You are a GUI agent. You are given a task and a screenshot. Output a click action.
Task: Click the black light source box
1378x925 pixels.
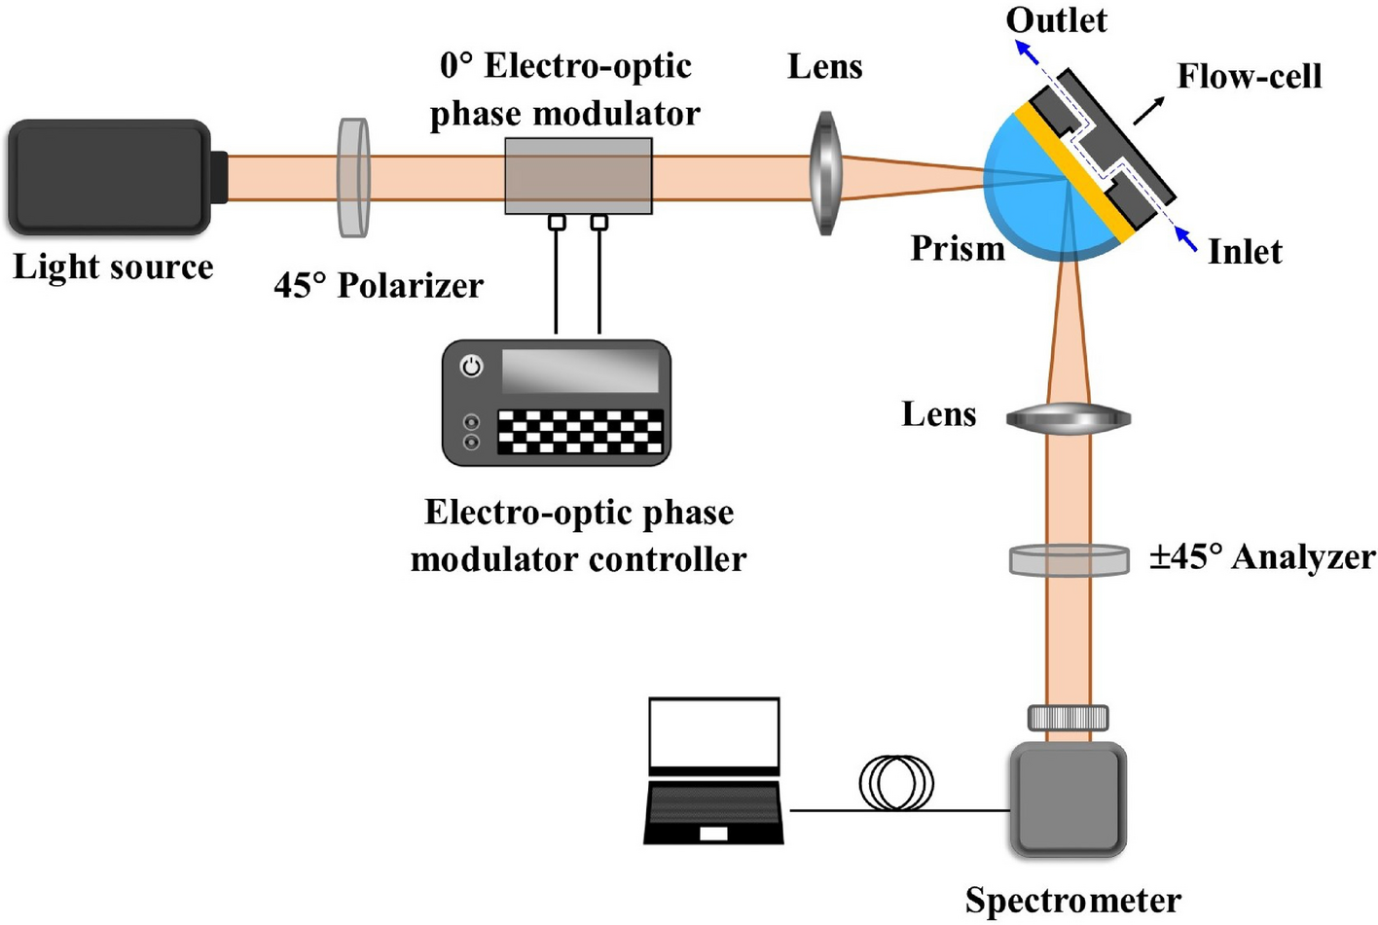click(x=109, y=177)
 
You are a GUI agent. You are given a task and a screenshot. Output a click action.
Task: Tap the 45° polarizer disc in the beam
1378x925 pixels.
click(x=353, y=177)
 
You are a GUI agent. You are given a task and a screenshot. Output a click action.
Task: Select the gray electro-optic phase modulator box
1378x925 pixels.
click(x=578, y=176)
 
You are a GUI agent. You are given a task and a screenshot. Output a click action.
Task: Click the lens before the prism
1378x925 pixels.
click(x=824, y=173)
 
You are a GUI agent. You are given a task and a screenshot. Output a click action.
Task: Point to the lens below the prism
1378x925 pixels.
click(x=1068, y=418)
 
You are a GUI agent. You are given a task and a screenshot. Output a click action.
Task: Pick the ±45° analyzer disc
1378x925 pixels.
click(x=1069, y=560)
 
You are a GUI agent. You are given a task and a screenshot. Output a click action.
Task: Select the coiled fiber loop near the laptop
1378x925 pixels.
click(x=896, y=783)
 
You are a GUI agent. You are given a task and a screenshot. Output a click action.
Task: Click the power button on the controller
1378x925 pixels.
click(x=471, y=367)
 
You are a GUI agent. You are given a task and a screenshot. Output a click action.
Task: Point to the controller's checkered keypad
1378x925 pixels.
click(x=580, y=431)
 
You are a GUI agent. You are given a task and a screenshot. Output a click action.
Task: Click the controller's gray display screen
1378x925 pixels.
click(x=580, y=371)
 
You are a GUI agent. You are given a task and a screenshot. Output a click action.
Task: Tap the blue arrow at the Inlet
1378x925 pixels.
click(x=1185, y=238)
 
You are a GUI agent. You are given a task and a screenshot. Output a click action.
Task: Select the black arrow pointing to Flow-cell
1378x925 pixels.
click(x=1148, y=110)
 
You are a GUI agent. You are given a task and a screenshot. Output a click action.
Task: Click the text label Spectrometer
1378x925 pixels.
click(x=1072, y=901)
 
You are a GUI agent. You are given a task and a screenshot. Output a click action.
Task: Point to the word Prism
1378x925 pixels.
click(x=958, y=249)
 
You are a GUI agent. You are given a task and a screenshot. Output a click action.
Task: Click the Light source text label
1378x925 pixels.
click(x=113, y=267)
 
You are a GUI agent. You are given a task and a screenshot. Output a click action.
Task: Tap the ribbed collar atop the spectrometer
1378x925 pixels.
click(x=1068, y=718)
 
